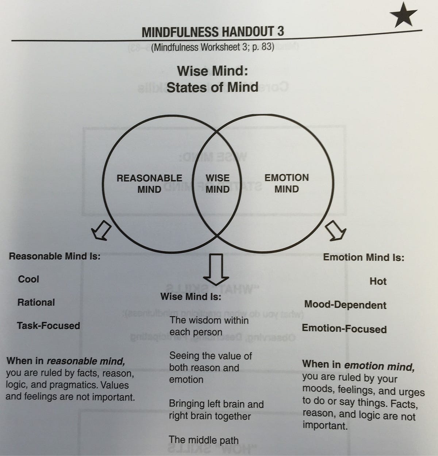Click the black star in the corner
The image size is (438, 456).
403,14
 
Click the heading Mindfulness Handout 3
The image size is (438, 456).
213,32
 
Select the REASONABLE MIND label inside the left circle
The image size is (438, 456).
149,183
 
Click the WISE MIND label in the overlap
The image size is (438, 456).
218,183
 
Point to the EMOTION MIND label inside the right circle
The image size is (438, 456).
287,183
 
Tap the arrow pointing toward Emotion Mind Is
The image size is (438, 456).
335,230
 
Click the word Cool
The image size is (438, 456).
28,279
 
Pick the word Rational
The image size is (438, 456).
36,302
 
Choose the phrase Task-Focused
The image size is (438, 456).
48,325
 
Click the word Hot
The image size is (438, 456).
378,281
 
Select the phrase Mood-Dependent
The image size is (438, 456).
345,305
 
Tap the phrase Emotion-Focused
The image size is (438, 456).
344,329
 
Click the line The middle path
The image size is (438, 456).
204,440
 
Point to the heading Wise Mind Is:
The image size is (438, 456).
191,296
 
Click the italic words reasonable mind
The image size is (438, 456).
86,361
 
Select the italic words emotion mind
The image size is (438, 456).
379,365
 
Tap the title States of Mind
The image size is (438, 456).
212,88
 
